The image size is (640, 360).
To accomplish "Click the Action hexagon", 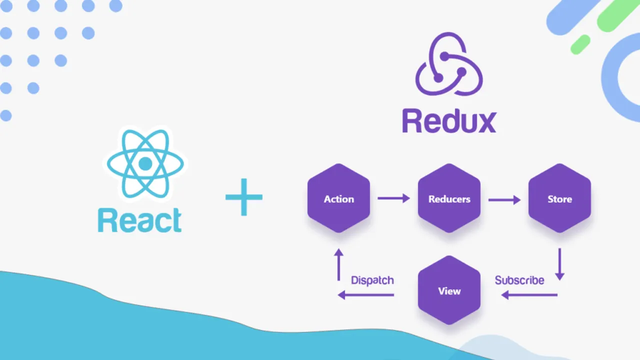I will pos(338,198).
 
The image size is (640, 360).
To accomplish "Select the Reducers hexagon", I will pos(449,198).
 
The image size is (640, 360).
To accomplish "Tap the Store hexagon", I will pos(559,198).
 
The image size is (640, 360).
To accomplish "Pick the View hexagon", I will pos(449,290).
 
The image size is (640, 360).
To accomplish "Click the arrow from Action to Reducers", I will pos(393,198).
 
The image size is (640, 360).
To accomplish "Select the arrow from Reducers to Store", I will pos(504,199).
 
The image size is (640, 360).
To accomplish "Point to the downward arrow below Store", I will pos(559,264).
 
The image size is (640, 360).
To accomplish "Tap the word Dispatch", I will pos(372,280).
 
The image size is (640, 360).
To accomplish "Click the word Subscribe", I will pos(519,280).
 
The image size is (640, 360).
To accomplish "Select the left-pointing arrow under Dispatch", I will pos(366,295).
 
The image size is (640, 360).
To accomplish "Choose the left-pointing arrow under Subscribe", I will pos(529,295).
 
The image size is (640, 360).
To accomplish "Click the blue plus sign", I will pos(244,197).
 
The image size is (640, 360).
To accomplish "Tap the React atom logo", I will pos(145,163).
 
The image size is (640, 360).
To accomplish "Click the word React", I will pos(139,220).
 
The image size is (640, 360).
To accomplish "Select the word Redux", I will pos(449,121).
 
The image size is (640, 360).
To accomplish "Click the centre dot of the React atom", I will pos(145,163).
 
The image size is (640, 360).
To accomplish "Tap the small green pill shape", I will pos(580,44).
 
